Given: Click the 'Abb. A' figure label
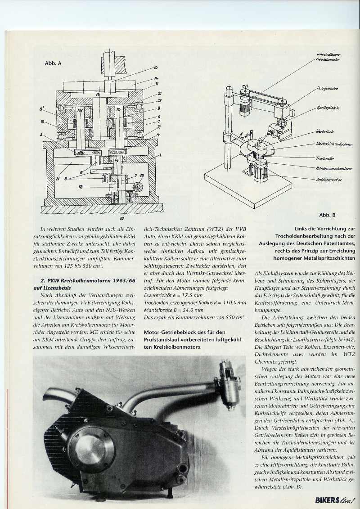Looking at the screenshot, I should pos(53,63).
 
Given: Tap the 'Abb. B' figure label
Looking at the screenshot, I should pos(327,215).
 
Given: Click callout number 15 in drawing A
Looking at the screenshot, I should pos(156,68).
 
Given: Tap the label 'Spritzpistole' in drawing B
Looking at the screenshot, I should pos(328,108).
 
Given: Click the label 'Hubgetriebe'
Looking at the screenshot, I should pos(327,89).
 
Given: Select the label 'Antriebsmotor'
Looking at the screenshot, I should pos(329,180).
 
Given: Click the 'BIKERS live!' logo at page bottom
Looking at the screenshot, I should pos(335,498).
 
